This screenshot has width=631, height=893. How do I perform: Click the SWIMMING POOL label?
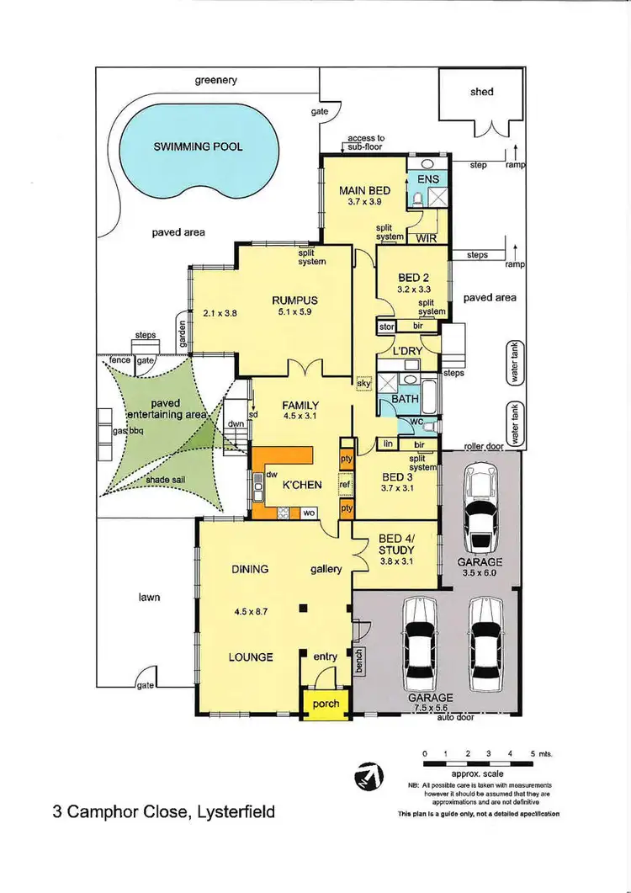(198, 146)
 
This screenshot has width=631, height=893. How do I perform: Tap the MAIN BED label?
(364, 191)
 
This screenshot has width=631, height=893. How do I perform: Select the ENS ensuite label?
(428, 179)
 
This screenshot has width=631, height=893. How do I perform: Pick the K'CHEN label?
(299, 486)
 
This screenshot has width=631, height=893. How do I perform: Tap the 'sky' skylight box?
(363, 382)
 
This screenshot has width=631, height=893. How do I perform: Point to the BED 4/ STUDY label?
(395, 545)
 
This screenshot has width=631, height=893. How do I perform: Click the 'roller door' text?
(484, 446)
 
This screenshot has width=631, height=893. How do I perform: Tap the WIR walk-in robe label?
(427, 238)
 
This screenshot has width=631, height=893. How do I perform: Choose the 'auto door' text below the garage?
(455, 718)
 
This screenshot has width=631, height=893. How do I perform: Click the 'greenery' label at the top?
(216, 81)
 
